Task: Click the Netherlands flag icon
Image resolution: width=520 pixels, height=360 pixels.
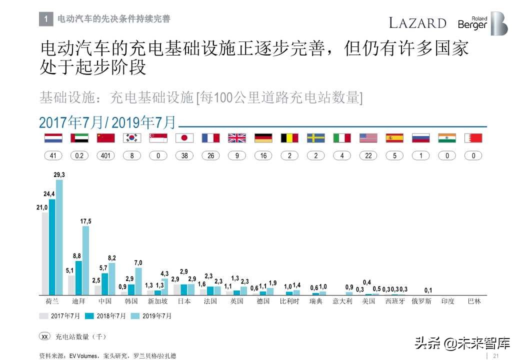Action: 53,138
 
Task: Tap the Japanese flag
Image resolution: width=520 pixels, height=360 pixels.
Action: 184,138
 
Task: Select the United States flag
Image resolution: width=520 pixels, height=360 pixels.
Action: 368,138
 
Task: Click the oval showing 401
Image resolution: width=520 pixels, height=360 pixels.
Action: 105,155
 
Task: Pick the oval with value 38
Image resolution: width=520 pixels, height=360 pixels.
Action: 184,155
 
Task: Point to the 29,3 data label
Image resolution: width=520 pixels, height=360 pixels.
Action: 59,174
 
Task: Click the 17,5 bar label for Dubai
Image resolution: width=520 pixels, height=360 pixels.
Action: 85,221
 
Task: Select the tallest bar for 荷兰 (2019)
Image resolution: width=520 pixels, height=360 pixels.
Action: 59,237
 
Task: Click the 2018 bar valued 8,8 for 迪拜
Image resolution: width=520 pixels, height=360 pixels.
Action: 78,277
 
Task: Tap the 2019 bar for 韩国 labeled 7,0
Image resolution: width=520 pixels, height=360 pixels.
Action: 138,281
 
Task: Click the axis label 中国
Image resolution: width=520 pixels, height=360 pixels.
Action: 105,301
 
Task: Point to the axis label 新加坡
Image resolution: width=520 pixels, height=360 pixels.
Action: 157,301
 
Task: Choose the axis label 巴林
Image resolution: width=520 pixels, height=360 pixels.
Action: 473,301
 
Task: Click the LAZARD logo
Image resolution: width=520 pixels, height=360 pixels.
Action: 417,23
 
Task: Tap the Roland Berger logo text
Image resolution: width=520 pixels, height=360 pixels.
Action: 472,23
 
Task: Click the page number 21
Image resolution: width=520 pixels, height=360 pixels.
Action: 496,355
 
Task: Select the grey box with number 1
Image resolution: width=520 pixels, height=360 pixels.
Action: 46,19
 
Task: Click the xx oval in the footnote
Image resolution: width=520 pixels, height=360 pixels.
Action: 45,336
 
